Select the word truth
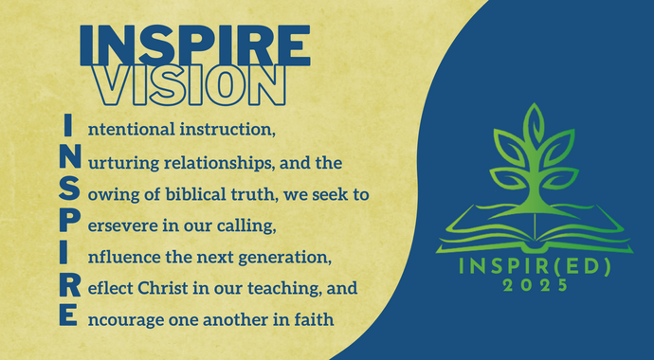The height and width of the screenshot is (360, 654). [x=256, y=193]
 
